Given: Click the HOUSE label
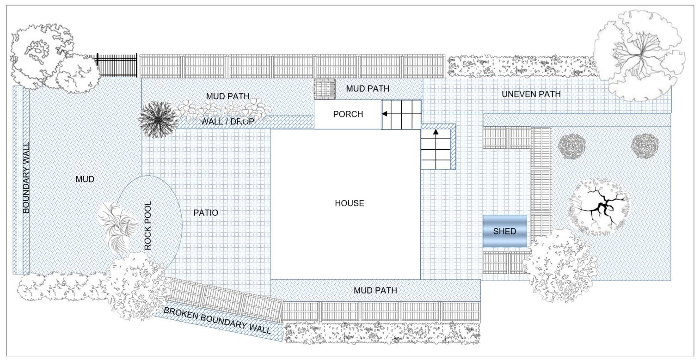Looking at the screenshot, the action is tap(350, 203).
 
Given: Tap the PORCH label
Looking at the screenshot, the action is tap(348, 114).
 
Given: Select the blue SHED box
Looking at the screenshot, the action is tap(505, 231).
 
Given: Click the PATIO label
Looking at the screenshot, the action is tap(206, 213).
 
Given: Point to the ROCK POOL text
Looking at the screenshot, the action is tap(148, 226).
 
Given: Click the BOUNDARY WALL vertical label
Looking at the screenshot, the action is tap(26, 177).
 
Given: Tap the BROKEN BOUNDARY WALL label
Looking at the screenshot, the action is tap(217, 320).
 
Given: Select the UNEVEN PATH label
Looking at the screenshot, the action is tap(531, 94).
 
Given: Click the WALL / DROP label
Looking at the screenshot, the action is tap(227, 122).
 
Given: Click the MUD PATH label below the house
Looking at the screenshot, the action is tap(375, 290).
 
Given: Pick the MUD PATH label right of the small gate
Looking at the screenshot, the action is tap(368, 89).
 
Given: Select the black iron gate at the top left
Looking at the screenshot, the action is tap(117, 65).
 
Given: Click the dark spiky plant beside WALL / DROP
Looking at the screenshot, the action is tap(158, 120).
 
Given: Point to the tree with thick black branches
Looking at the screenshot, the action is tap(599, 207).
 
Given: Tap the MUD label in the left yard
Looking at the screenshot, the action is tap(85, 179).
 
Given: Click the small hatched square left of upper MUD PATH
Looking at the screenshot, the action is tap(325, 89).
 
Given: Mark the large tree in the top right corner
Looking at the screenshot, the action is tap(639, 55).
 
